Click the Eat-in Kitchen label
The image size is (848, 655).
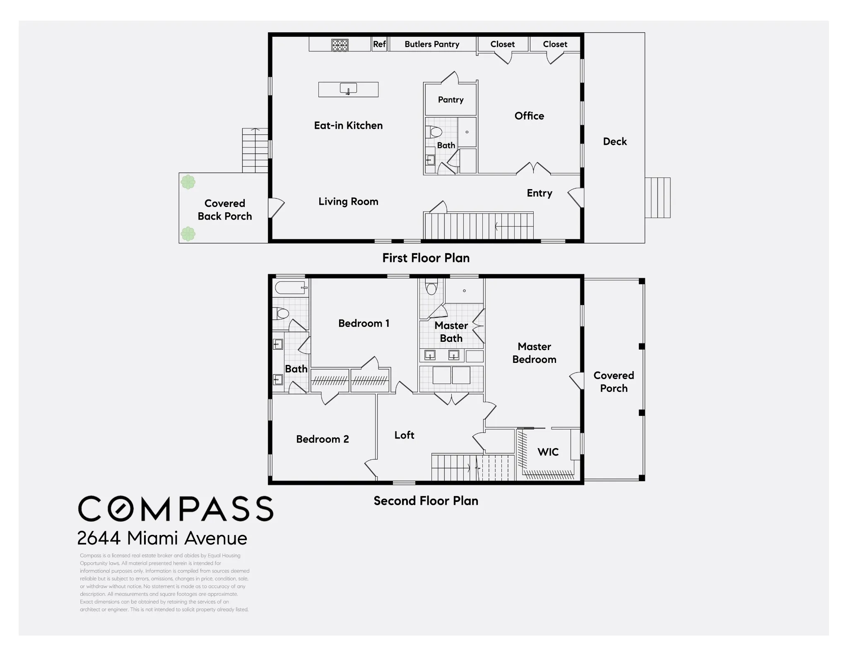pos(348,125)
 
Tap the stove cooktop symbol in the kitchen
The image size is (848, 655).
pos(340,45)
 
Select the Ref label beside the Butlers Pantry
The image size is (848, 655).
pos(379,44)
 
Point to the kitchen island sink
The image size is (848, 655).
pos(348,88)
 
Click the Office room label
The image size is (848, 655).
pos(529,116)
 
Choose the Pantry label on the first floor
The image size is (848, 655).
pos(450,100)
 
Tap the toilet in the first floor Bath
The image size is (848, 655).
pos(434,132)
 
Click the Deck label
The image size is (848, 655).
pos(615,142)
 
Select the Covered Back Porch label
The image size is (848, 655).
pos(225,210)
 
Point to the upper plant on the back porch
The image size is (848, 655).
pos(188,182)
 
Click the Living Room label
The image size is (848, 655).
pos(348,202)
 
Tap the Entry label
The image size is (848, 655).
pos(540,193)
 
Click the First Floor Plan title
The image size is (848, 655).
pos(426,258)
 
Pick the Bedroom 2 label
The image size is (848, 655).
pos(323,439)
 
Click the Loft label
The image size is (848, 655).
pos(404,435)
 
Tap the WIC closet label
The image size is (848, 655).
pos(548,452)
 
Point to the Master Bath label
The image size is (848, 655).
pos(451,332)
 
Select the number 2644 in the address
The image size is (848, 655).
pos(99,538)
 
